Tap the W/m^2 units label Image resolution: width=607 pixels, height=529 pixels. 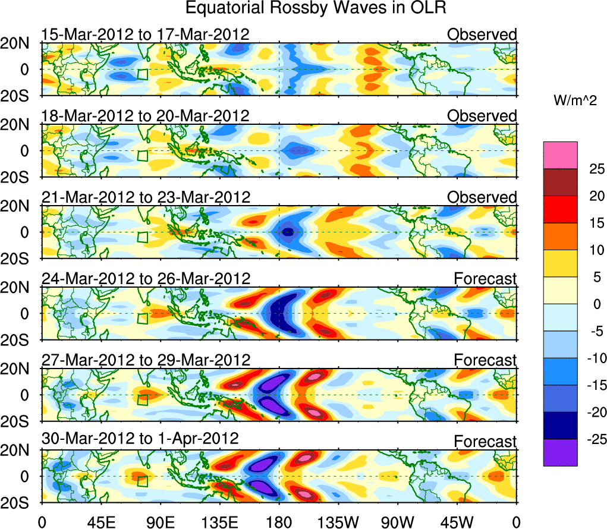(x=575, y=101)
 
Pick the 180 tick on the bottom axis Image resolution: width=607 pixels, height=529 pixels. (x=279, y=521)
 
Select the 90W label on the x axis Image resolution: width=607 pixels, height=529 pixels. (x=398, y=521)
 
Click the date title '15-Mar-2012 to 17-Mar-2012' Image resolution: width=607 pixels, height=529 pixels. (x=145, y=34)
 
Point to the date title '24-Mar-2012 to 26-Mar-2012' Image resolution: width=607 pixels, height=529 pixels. (x=145, y=278)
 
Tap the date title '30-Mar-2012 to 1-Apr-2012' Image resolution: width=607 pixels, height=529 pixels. (x=140, y=439)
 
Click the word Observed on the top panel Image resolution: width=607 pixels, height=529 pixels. (x=482, y=34)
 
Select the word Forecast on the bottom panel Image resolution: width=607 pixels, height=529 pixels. (x=485, y=442)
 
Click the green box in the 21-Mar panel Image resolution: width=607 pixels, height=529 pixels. (x=142, y=237)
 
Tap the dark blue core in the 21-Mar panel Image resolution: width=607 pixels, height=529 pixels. (x=288, y=232)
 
